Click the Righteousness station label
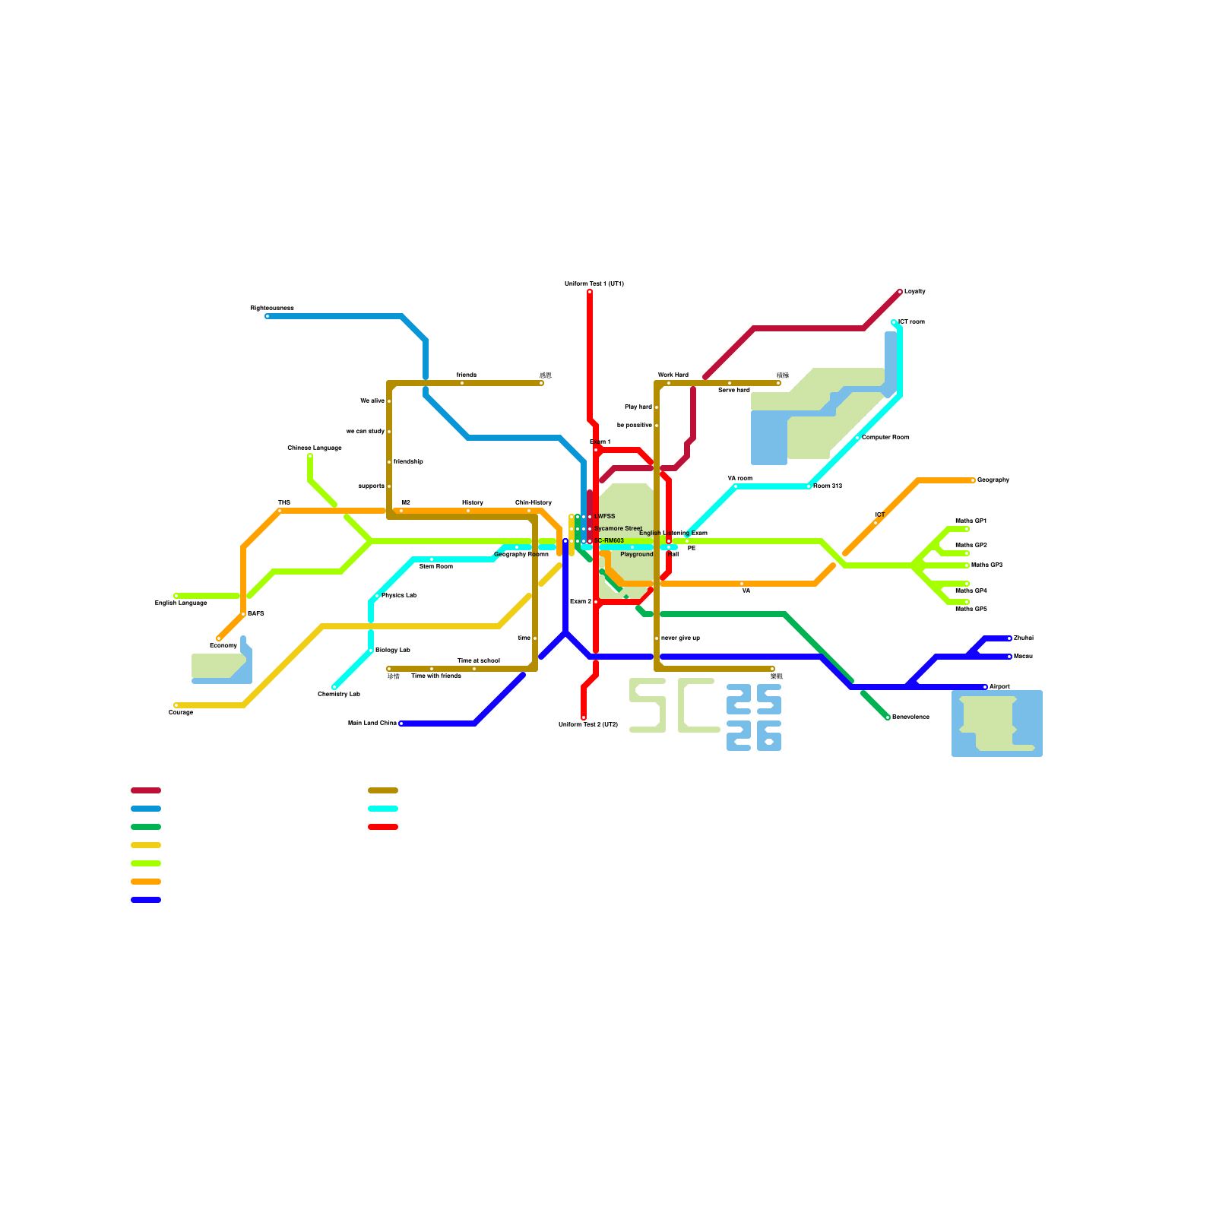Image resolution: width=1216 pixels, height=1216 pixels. click(x=271, y=308)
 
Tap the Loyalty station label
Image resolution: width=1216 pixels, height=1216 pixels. click(x=914, y=291)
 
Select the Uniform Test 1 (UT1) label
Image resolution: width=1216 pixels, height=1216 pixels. click(x=594, y=283)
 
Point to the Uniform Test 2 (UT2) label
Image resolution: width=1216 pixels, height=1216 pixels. click(x=587, y=724)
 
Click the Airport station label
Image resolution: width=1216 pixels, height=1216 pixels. click(x=999, y=686)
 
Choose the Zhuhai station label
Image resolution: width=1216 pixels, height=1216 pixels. click(x=1023, y=638)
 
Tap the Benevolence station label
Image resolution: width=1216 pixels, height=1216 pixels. click(x=910, y=717)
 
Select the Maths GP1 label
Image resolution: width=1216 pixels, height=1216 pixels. click(x=971, y=521)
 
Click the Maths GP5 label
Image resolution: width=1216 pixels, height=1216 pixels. click(x=971, y=609)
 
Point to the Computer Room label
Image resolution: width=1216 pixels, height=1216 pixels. click(x=885, y=437)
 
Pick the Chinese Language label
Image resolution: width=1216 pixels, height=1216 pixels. click(x=314, y=448)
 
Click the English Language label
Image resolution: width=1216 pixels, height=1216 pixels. click(x=181, y=603)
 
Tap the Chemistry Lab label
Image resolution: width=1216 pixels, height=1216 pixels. click(x=338, y=694)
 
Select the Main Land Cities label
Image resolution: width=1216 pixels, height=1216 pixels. click(x=372, y=723)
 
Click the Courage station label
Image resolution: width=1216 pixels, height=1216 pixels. click(x=180, y=712)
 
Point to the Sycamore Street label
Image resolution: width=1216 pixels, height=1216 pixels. click(x=618, y=528)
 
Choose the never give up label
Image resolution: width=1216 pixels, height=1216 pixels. click(x=680, y=638)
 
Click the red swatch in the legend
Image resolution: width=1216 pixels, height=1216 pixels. click(x=382, y=827)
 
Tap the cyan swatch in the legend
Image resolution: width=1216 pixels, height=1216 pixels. click(x=382, y=809)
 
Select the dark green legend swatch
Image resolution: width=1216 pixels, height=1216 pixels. click(x=145, y=827)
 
